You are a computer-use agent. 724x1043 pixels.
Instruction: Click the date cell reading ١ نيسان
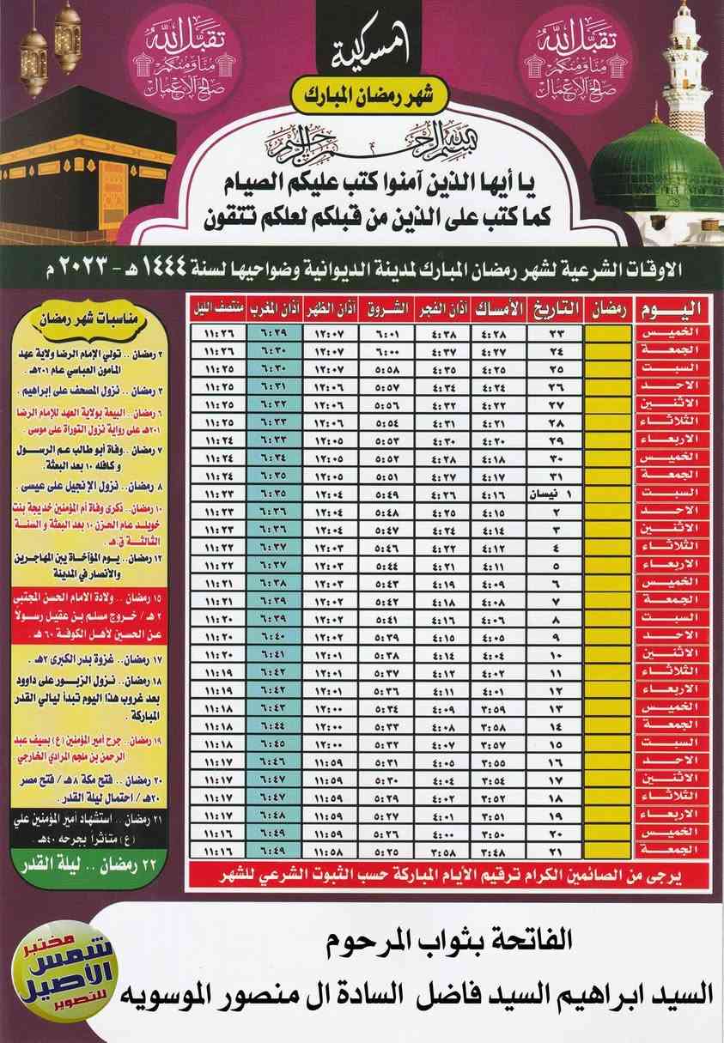[x=557, y=495]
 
